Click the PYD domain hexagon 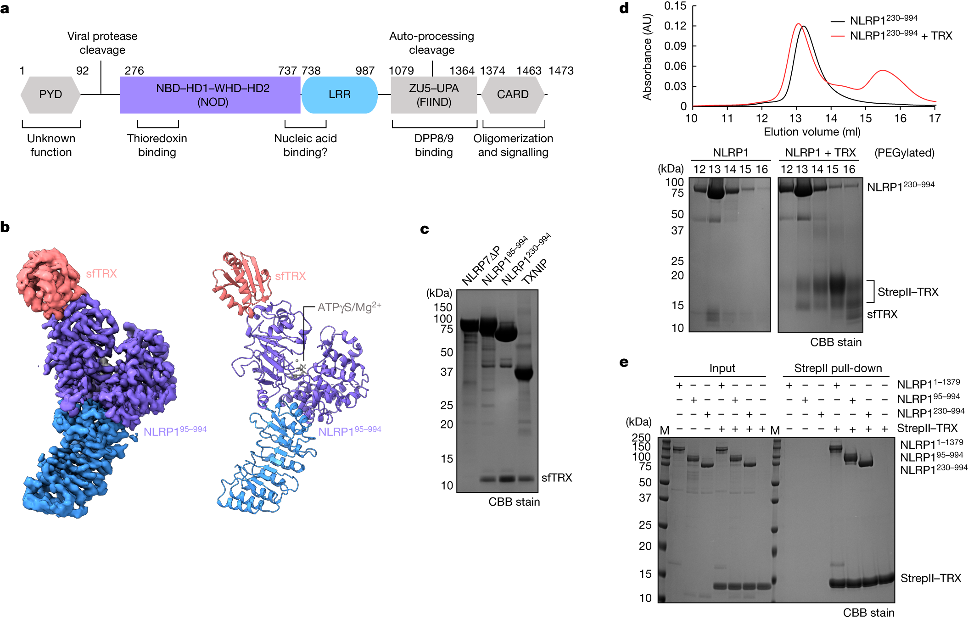point(50,95)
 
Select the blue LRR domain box point(339,95)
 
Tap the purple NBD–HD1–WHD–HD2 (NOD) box point(210,95)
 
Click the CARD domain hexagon point(513,95)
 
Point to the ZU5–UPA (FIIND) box point(434,95)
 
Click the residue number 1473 point(561,71)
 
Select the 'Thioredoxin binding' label point(157,145)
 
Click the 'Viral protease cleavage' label point(102,43)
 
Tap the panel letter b point(5,227)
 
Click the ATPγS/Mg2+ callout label point(349,307)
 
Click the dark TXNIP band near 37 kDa point(523,374)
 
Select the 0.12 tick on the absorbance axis point(675,26)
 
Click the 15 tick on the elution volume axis point(865,118)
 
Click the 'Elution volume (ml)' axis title point(811,132)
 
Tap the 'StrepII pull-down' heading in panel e point(838,368)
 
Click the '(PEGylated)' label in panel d point(904,152)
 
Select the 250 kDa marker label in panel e point(641,437)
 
